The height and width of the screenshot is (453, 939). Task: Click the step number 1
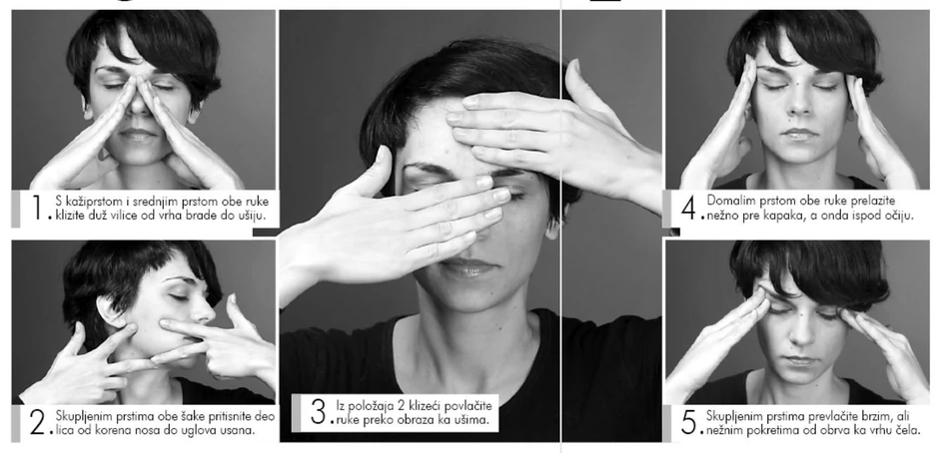tap(38, 208)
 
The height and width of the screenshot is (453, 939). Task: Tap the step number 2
tap(38, 423)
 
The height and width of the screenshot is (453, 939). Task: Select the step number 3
tap(318, 411)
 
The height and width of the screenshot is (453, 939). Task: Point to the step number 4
tap(688, 208)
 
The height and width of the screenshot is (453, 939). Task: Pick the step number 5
tap(688, 422)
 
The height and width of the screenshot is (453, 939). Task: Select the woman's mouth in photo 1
tap(138, 134)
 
